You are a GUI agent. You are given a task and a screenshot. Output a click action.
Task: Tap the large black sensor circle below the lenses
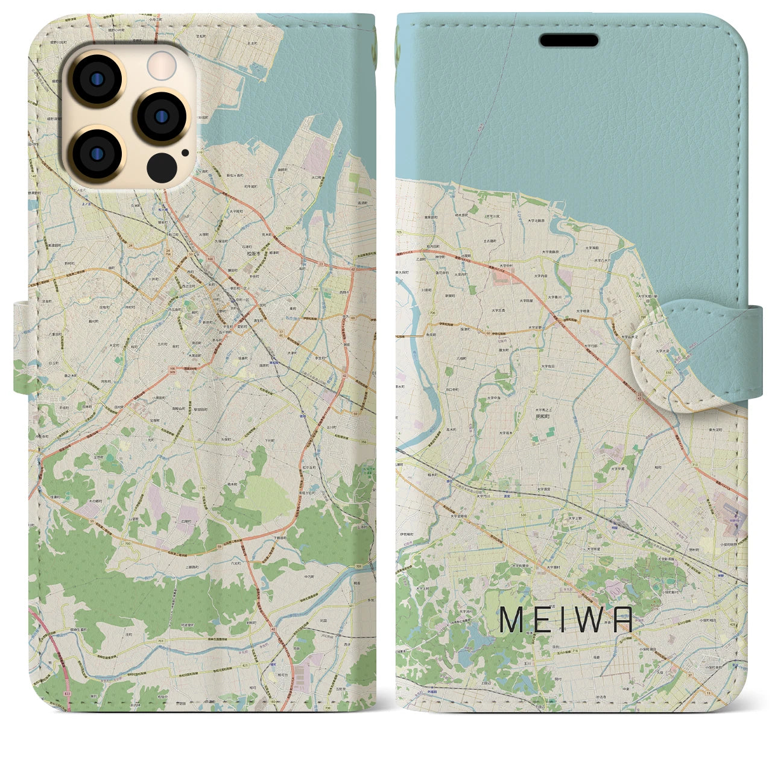(161, 164)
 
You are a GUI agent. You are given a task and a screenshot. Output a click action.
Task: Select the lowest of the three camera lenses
(96, 152)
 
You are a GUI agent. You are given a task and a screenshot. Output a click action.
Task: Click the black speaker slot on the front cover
(568, 40)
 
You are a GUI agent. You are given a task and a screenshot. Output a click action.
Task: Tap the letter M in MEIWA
(511, 620)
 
